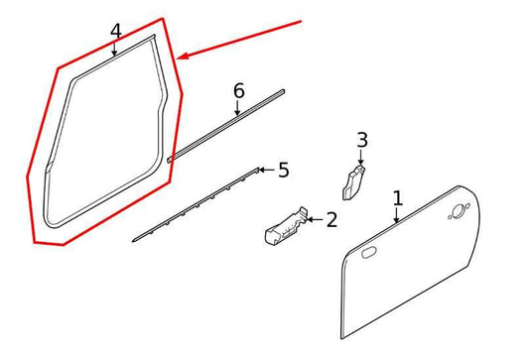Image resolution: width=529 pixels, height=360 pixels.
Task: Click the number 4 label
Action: (116, 32)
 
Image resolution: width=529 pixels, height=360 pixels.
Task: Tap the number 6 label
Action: (238, 91)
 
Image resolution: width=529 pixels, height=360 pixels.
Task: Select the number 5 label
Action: (283, 171)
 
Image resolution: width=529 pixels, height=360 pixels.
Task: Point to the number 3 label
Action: (362, 140)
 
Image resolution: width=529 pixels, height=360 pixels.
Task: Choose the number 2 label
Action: (331, 218)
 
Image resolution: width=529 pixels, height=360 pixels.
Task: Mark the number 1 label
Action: (397, 198)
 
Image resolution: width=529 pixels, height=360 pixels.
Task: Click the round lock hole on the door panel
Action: (458, 211)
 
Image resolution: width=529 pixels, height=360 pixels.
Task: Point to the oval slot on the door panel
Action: (367, 255)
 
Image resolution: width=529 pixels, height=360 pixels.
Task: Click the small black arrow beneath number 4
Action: (116, 52)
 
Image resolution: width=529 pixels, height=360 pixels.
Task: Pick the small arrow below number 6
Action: (238, 112)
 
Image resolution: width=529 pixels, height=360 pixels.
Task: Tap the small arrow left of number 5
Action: (263, 170)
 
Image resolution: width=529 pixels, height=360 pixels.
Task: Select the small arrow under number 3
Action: (361, 162)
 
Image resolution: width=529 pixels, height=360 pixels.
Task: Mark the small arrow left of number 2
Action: (309, 218)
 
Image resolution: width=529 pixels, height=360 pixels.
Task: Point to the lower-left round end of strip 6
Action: (171, 157)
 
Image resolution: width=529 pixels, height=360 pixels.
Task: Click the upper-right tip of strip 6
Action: (285, 92)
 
